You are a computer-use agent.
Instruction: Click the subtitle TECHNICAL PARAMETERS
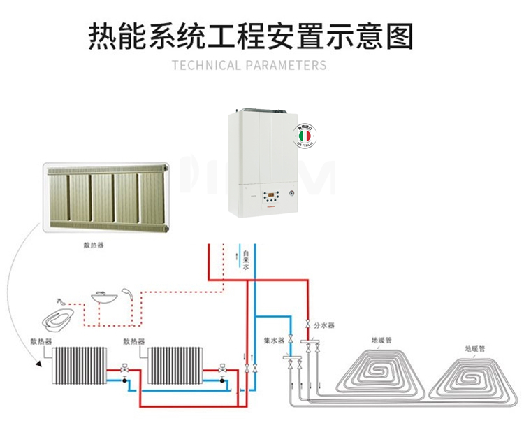(x=249, y=66)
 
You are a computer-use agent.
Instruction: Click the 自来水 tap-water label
(x=245, y=259)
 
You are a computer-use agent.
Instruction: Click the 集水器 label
(x=274, y=341)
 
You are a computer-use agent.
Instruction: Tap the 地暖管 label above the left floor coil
(x=381, y=342)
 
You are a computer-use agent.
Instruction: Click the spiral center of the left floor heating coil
(x=381, y=369)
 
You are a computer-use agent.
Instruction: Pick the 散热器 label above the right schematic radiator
(x=133, y=341)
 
